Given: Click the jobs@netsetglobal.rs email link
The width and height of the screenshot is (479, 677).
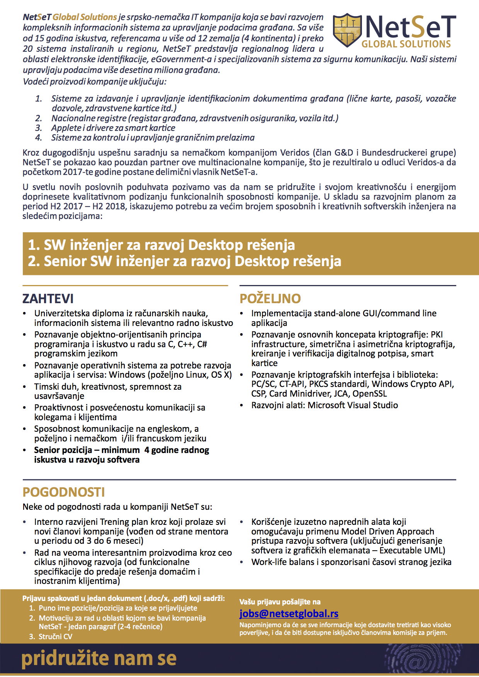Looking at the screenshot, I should pos(289,614).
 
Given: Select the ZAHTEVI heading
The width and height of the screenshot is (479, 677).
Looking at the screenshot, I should pos(48,299).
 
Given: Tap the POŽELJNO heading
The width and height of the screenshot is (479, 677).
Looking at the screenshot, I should pos(270,299).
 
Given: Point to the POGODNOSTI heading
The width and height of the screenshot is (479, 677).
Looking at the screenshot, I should pos(64,492).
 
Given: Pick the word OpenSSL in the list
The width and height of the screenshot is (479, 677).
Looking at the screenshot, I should pos(370,394).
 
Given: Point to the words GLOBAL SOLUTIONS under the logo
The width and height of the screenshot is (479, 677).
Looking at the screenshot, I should pos(406,44).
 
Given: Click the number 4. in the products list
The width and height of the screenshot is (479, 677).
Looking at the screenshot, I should pos(39,137).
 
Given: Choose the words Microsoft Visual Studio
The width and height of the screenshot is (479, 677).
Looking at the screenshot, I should pos(353,405).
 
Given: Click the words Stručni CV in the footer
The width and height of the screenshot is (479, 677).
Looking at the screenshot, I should pos(55,636).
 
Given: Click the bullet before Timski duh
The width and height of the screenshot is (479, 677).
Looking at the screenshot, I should pos(25,387).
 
